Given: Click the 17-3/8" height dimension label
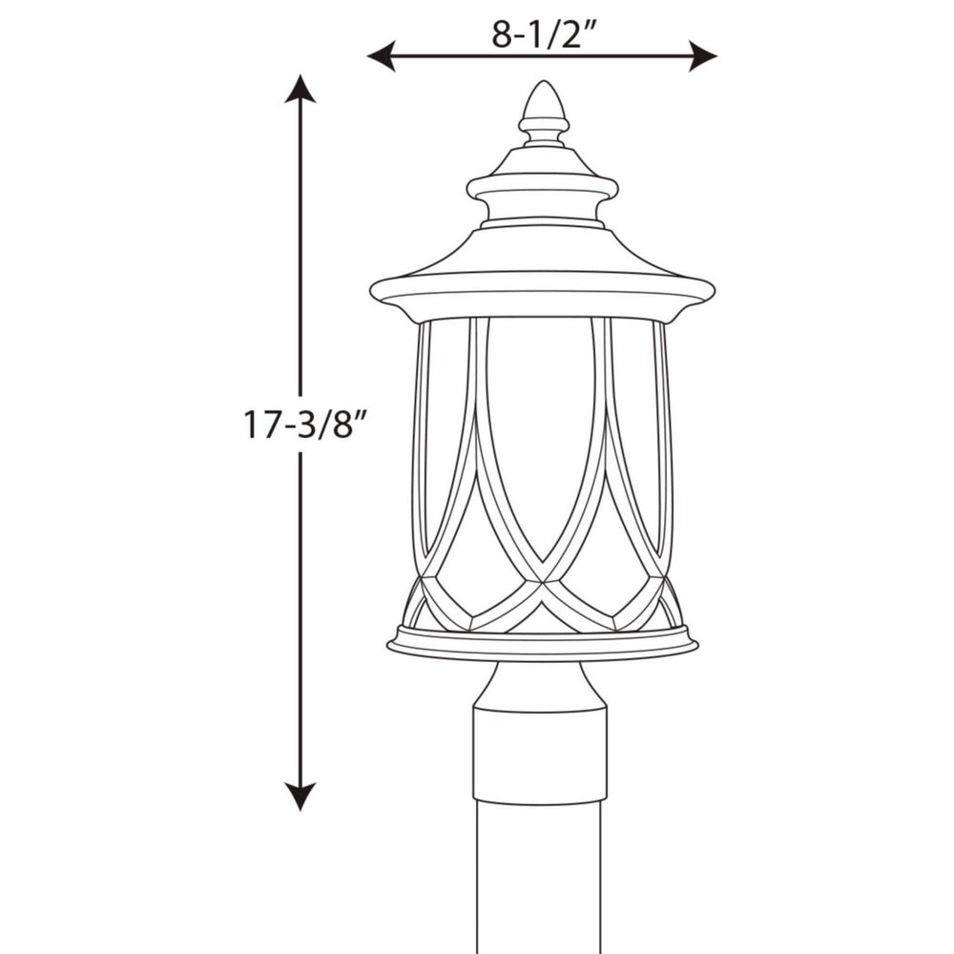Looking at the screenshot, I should click(304, 424).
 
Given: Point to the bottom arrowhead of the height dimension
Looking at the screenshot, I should click(301, 796).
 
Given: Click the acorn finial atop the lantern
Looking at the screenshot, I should click(543, 110).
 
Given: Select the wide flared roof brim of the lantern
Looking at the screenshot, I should click(542, 286).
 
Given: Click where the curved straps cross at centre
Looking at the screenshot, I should click(543, 579).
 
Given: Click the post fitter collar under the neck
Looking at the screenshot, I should click(540, 754).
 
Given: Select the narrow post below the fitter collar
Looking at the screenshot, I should click(540, 878).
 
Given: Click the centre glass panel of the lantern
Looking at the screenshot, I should click(541, 429).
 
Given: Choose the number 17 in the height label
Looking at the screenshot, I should click(260, 424).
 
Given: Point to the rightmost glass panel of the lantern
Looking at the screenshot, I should click(641, 429).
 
